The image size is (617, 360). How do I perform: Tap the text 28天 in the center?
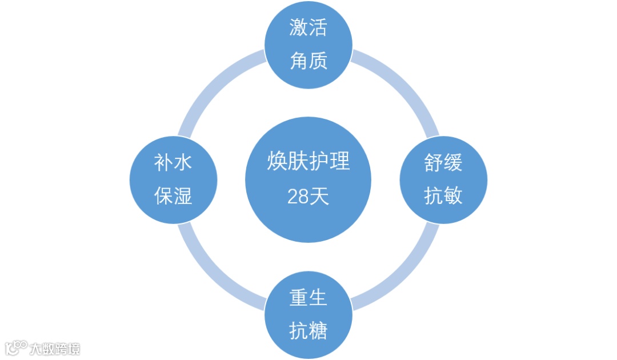(308, 197)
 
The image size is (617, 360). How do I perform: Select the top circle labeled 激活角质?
(308, 45)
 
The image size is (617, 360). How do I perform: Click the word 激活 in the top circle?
(308, 27)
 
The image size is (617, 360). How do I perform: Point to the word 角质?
(308, 60)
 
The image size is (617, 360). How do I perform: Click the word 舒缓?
(443, 163)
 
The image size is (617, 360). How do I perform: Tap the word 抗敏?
(443, 196)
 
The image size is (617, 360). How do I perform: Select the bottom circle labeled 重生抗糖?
(308, 315)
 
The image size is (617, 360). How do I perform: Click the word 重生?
(308, 298)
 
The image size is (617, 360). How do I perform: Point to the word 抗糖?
(308, 331)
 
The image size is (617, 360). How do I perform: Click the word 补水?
(174, 163)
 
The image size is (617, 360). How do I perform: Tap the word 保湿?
(174, 196)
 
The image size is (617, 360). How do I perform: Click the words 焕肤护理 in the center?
(308, 162)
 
